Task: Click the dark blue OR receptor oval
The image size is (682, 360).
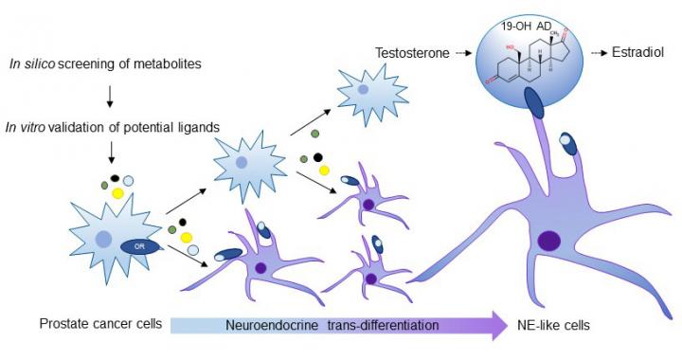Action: pos(139,247)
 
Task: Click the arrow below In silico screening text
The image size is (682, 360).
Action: pos(111,96)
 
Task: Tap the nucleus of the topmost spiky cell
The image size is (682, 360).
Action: pos(363,90)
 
